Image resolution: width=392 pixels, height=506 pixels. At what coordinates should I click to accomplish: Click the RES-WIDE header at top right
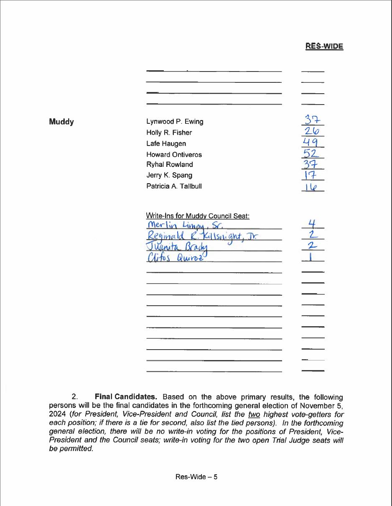click(324, 46)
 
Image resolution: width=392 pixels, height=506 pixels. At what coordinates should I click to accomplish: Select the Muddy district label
click(61, 122)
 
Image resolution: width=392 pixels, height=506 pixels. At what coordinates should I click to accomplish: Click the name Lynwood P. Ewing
click(175, 122)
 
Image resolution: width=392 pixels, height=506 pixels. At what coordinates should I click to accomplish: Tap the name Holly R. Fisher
click(169, 133)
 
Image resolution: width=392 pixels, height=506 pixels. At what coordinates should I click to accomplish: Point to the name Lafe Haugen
click(166, 143)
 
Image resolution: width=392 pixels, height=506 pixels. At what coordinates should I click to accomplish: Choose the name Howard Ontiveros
click(174, 154)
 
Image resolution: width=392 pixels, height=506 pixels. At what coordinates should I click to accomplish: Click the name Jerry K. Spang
click(169, 175)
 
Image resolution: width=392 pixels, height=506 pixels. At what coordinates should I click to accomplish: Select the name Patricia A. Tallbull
click(174, 186)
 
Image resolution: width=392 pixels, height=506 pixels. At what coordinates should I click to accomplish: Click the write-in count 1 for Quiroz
click(313, 256)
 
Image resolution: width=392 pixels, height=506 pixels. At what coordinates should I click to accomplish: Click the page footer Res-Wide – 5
click(196, 477)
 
